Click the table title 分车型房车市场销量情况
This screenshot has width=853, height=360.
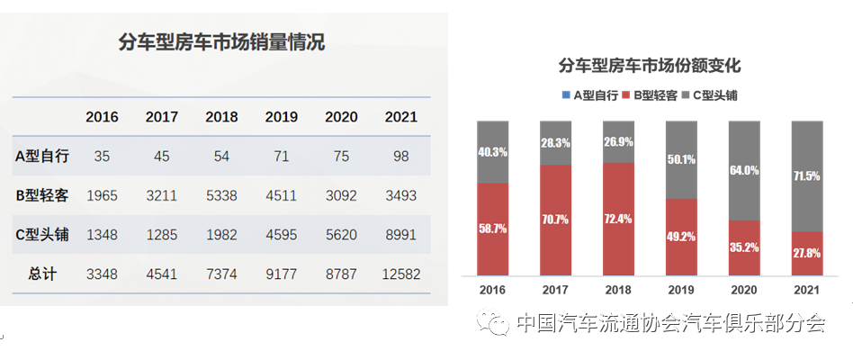click(221, 42)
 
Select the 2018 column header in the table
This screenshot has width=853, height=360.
click(221, 117)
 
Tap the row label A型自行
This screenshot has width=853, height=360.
click(42, 156)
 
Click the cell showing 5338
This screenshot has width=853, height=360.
click(221, 195)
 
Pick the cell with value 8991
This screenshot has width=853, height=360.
click(400, 235)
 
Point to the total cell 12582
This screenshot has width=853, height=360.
click(400, 274)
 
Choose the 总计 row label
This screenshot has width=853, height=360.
click(42, 274)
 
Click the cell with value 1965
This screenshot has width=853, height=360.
click(102, 195)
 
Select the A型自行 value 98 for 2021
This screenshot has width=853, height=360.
click(400, 156)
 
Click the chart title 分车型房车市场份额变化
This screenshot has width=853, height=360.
click(650, 67)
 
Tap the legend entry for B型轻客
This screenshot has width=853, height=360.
click(651, 94)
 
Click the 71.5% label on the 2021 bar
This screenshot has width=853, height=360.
click(805, 176)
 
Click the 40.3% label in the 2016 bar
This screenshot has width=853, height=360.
click(494, 152)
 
